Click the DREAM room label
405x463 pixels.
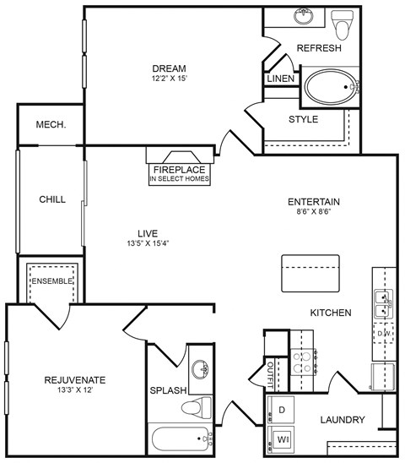coord(169,68)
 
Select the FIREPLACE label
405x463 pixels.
coord(179,168)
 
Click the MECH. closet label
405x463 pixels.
coord(51,125)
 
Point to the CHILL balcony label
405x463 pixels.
coord(51,199)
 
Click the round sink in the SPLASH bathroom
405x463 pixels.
coord(201,369)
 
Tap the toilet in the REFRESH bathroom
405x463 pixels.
coord(342,25)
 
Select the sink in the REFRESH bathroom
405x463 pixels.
coord(305,17)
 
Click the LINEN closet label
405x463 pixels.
coord(280,79)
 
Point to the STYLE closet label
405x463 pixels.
coord(303,119)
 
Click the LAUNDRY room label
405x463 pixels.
coord(343,420)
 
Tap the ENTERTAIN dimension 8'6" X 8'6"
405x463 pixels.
coord(313,213)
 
